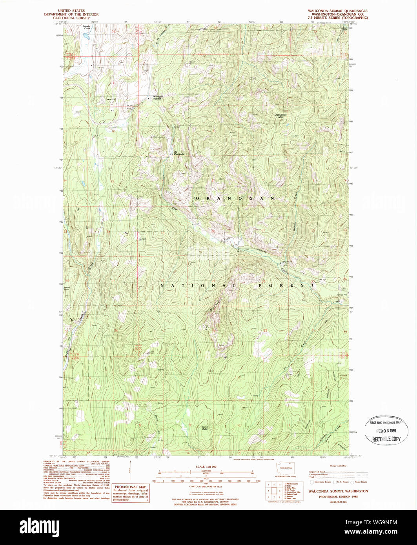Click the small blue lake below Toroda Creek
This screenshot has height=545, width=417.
click(86, 36)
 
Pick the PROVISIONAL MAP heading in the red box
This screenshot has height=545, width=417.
click(131, 487)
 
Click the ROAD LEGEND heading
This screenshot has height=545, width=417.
click(338, 466)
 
